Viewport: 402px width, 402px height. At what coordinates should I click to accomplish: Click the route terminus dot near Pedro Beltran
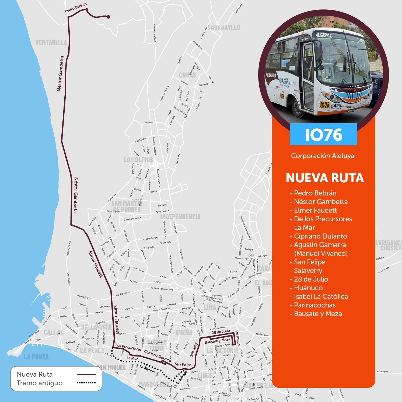[x=108, y=17]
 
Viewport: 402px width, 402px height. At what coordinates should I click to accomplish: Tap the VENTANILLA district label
[x=51, y=43]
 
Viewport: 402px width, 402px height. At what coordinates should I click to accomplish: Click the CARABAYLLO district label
[x=224, y=27]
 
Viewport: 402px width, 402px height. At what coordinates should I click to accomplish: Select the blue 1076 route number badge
[x=323, y=134]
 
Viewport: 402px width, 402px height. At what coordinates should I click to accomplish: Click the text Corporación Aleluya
[x=322, y=156]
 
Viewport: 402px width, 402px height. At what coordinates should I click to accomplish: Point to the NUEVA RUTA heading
[x=325, y=178]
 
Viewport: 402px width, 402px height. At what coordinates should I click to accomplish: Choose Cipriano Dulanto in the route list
[x=320, y=236]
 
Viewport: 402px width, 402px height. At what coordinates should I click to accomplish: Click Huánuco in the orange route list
[x=308, y=288]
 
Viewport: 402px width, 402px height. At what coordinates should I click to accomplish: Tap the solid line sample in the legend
[x=86, y=375]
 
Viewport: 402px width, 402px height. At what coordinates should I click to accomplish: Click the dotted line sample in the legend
[x=86, y=383]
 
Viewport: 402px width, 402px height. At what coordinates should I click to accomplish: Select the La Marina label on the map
[x=147, y=369]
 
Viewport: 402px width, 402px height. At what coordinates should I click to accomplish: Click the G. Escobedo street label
[x=180, y=379]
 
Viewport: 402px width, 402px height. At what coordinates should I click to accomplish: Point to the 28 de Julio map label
[x=221, y=332]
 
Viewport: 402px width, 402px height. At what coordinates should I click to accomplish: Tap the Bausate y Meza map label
[x=217, y=341]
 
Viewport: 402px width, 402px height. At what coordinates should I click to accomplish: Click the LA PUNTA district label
[x=36, y=357]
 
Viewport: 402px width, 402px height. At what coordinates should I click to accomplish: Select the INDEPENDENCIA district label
[x=180, y=217]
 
